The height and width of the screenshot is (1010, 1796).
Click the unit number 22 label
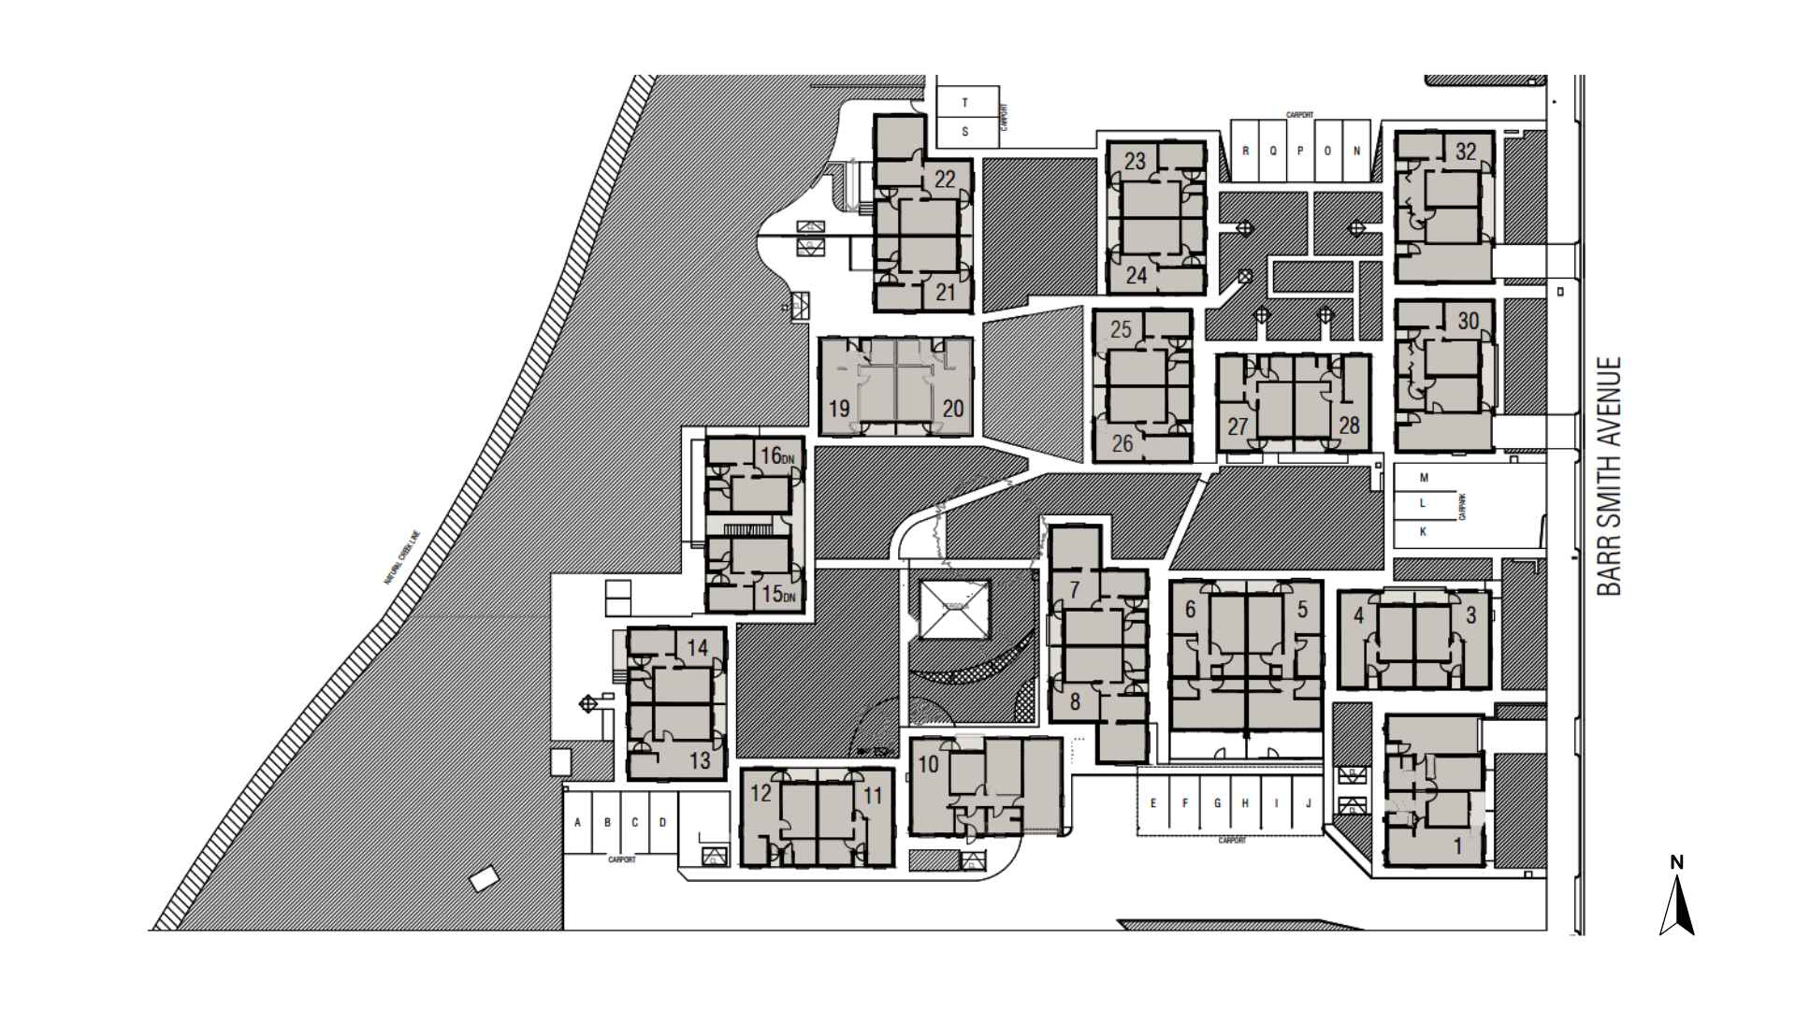[945, 179]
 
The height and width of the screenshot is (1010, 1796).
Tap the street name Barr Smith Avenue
[1608, 476]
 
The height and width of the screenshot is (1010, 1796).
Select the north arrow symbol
[1677, 903]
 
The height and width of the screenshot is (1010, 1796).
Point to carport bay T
[965, 103]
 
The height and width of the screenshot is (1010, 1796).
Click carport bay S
[965, 132]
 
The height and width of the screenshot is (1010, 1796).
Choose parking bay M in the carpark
[1425, 478]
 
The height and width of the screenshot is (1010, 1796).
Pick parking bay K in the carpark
[1424, 531]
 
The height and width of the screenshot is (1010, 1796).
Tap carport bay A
[578, 823]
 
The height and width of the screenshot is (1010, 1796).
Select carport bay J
[1309, 803]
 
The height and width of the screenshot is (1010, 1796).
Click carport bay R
[1246, 151]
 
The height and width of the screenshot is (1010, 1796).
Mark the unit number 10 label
[928, 764]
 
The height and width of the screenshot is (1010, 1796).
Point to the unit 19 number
[839, 409]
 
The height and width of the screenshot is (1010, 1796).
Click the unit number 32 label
[1466, 151]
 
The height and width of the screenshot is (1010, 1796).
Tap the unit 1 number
[1456, 847]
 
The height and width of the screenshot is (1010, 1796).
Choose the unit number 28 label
[1348, 426]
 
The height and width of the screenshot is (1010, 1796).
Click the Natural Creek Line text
[404, 558]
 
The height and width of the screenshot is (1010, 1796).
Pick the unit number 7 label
[1075, 589]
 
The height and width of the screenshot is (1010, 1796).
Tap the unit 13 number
[700, 760]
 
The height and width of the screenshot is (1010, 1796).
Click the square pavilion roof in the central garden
[953, 610]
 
